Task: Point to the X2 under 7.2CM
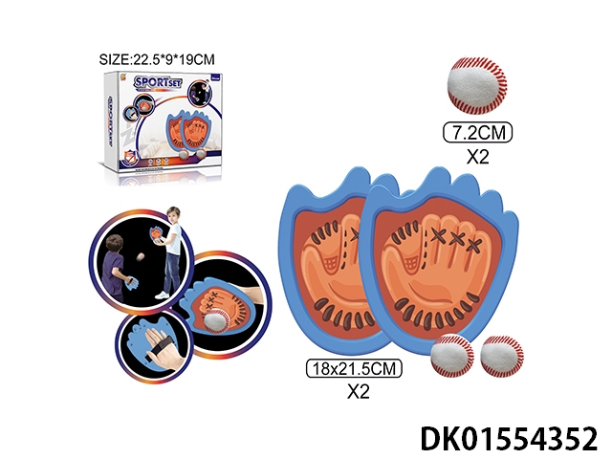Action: [475, 156]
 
